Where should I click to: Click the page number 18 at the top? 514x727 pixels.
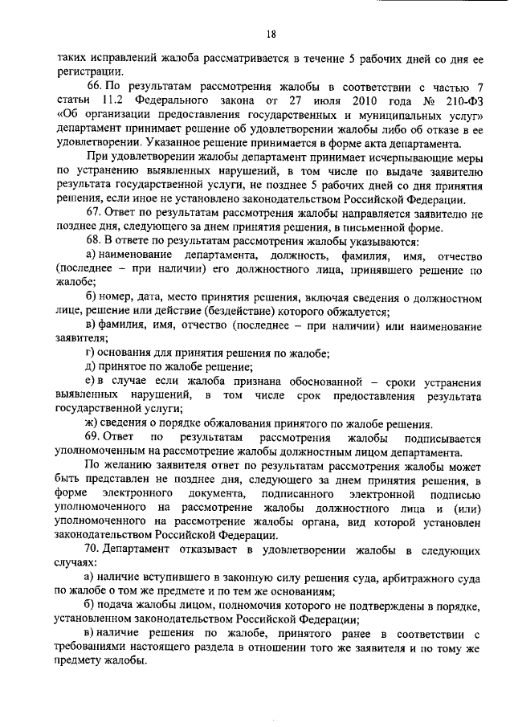pos(271,34)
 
